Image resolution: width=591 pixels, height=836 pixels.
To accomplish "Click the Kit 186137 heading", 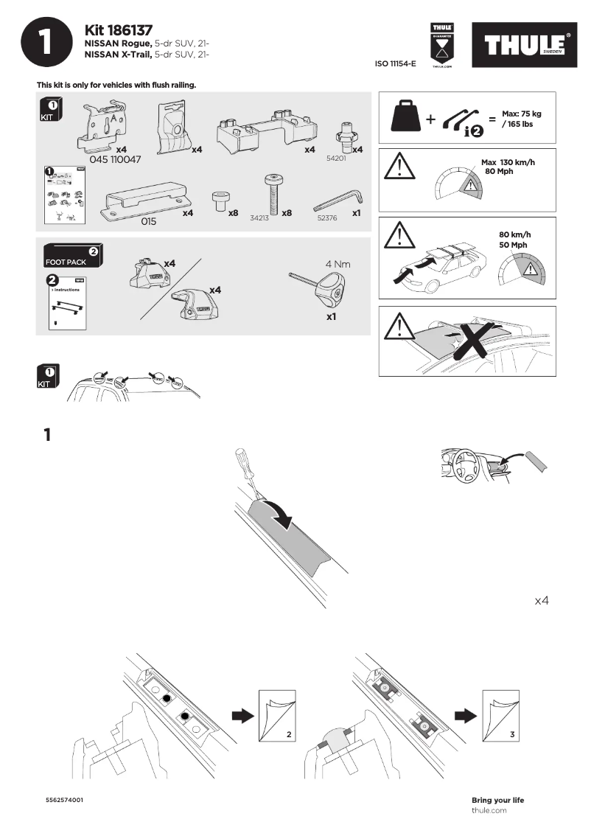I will point(119,30).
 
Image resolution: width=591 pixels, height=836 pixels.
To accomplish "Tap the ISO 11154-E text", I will point(396,64).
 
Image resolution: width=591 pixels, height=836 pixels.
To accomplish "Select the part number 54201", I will point(335,158).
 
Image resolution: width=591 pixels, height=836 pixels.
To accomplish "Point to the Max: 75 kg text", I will point(521,114).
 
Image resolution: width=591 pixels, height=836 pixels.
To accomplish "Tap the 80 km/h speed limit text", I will point(514,234).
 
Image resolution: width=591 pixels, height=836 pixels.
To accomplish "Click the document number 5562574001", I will point(65,800).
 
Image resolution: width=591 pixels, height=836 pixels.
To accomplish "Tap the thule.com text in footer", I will point(489,810).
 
